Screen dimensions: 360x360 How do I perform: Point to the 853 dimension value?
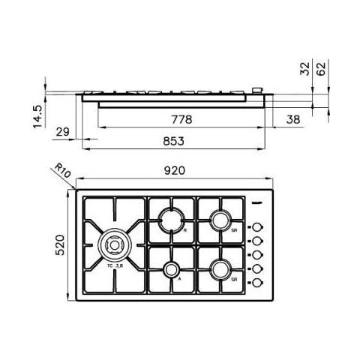click(x=173, y=140)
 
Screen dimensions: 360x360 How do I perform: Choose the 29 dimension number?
click(x=64, y=133)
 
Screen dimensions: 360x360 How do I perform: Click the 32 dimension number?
click(x=304, y=70)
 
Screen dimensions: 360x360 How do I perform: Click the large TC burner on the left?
click(x=115, y=244)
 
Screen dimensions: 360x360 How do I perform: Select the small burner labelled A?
click(x=170, y=270)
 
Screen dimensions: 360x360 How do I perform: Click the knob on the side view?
click(x=257, y=91)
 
